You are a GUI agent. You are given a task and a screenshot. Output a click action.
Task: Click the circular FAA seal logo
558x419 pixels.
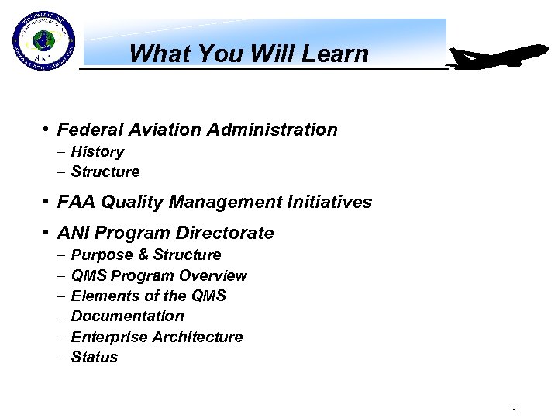click(x=43, y=43)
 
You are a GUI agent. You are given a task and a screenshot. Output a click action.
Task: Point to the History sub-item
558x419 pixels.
click(x=97, y=152)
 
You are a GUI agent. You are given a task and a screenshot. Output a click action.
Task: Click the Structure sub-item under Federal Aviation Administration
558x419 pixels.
click(x=105, y=172)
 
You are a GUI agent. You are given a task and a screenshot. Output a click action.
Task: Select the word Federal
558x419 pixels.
click(x=85, y=130)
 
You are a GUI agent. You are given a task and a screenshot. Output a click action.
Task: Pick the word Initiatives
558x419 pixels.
click(x=335, y=203)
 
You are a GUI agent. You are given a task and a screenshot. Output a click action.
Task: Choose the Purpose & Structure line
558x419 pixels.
click(x=146, y=255)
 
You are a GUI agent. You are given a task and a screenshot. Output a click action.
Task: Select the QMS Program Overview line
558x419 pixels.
click(x=159, y=275)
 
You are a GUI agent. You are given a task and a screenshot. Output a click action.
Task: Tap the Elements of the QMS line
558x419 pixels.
click(x=149, y=296)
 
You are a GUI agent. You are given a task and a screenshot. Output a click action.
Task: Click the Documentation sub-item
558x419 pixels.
click(x=127, y=317)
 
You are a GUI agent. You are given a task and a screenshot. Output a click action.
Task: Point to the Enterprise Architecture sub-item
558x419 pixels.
click(x=157, y=337)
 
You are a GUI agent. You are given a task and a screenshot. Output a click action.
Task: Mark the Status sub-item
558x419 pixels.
click(x=95, y=358)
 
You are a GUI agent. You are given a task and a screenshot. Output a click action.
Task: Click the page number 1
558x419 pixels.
click(x=515, y=409)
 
